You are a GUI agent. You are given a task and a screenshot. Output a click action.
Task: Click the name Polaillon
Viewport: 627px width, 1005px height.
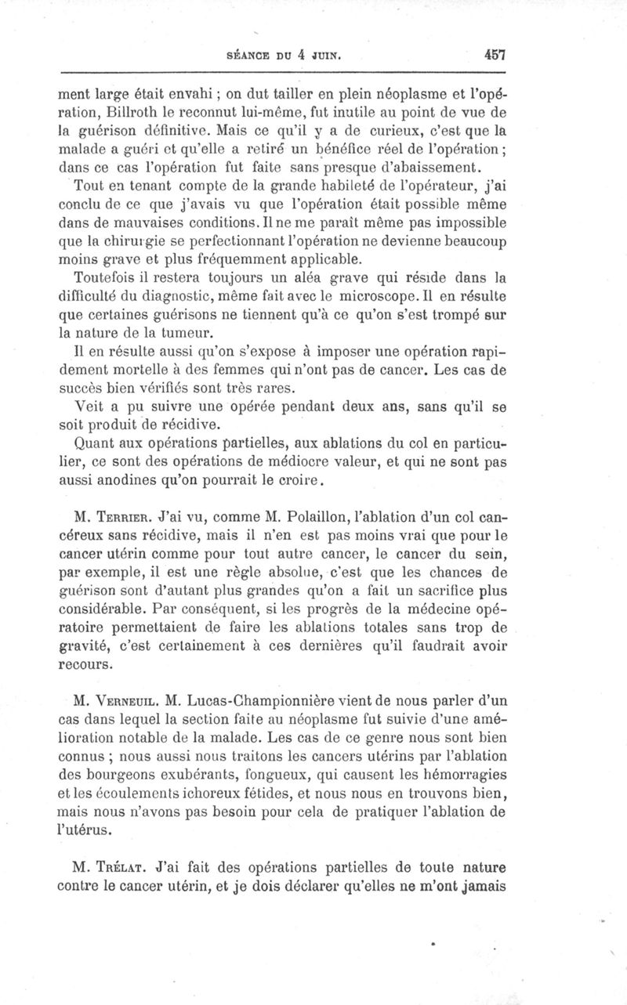point(335,518)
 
